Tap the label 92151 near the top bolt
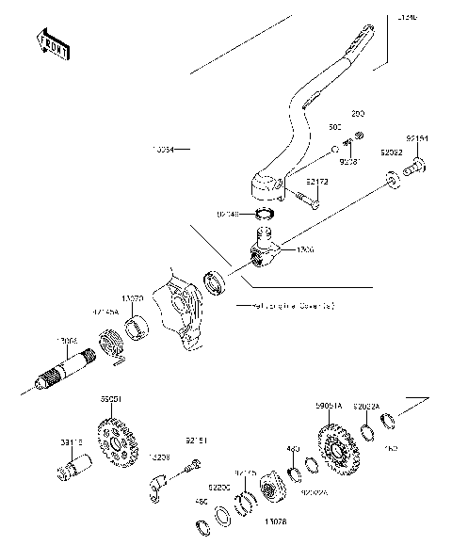(x=417, y=138)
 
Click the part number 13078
(x=275, y=520)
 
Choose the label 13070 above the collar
(x=134, y=297)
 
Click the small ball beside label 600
(x=333, y=150)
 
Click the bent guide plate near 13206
(x=160, y=485)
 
